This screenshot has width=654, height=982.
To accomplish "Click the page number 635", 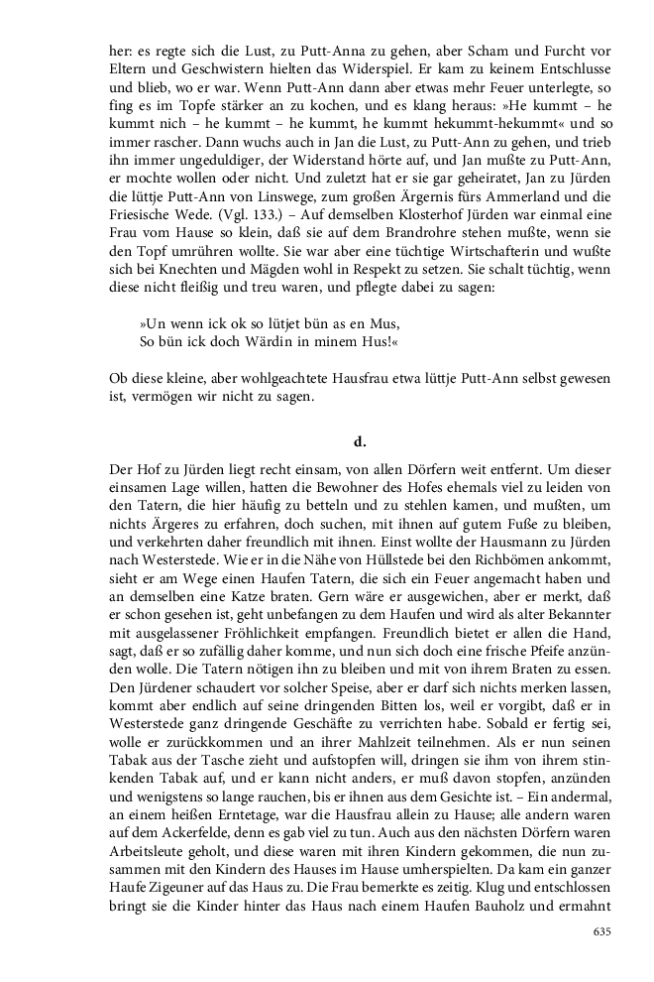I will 600,931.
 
